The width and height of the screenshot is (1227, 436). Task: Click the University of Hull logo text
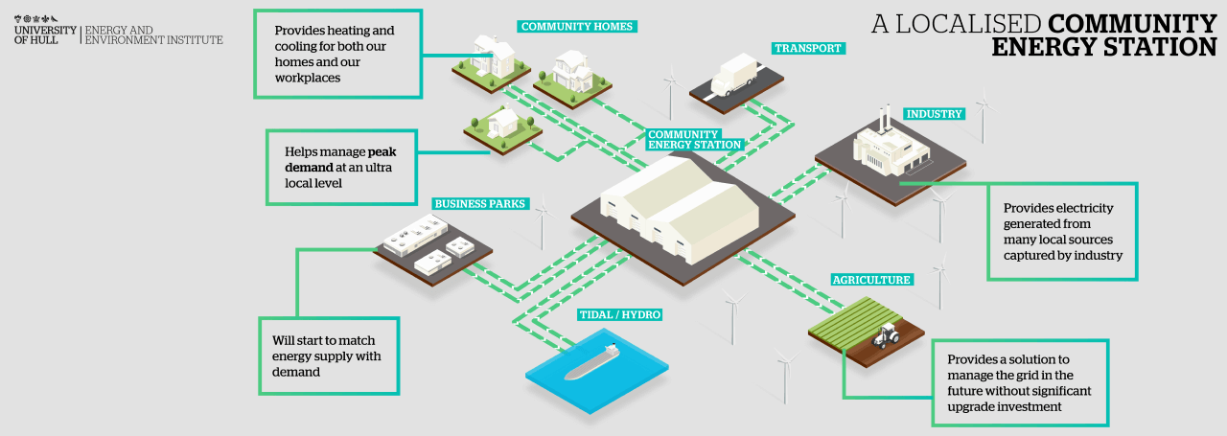coord(46,35)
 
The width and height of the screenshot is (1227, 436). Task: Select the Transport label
coord(808,48)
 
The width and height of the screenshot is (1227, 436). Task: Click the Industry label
coord(934,114)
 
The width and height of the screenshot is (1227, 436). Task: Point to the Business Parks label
coord(479,203)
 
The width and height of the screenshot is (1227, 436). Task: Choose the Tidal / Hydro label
coord(620,314)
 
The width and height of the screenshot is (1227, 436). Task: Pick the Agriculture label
coord(870,280)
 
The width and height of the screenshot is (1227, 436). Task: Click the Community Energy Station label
coord(694,139)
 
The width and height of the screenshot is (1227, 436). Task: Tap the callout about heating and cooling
coord(336,54)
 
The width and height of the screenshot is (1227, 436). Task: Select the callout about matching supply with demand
coord(329,356)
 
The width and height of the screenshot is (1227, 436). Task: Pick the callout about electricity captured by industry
coord(1063,231)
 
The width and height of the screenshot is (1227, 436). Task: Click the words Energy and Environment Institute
coord(153,35)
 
